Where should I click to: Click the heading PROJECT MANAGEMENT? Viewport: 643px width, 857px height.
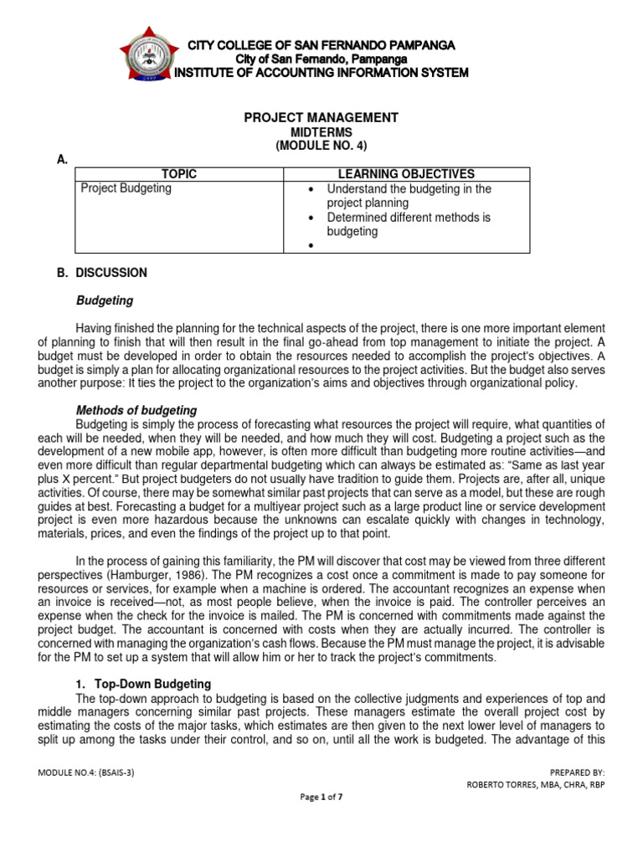(321, 118)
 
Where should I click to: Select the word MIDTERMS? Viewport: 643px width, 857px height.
(321, 132)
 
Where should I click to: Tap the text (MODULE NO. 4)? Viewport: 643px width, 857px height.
(321, 146)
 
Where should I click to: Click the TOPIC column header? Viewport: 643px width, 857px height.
(179, 174)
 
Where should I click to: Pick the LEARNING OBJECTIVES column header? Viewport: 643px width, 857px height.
(406, 174)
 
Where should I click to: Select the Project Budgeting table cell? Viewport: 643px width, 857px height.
(126, 189)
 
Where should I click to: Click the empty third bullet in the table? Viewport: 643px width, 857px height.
(311, 246)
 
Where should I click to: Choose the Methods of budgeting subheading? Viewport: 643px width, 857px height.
(136, 410)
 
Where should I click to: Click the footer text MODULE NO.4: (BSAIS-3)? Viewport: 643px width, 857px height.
(87, 772)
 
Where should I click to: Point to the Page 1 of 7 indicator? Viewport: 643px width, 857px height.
(321, 797)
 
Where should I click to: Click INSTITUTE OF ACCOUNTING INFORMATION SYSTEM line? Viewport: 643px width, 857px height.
(321, 73)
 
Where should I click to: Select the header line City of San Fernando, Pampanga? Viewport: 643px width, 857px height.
(321, 59)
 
